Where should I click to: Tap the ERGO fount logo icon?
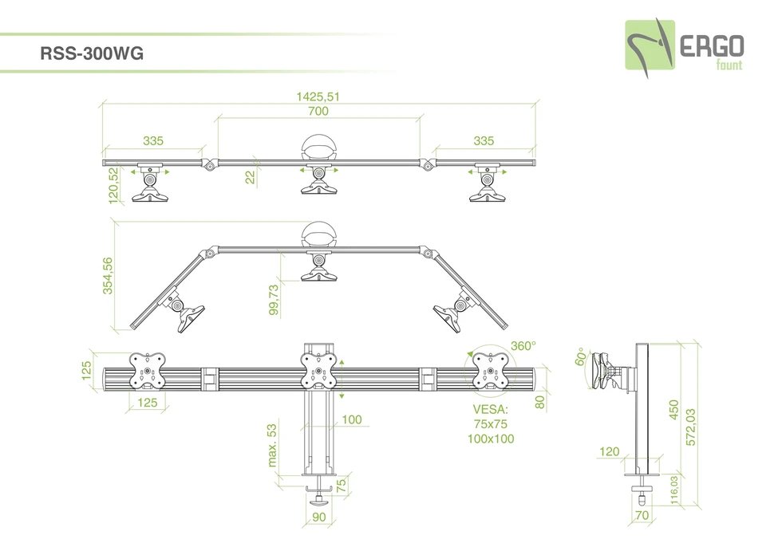(x=649, y=47)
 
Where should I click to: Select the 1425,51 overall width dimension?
(x=318, y=96)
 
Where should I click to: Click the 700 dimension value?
(x=318, y=112)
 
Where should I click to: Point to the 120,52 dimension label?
(x=113, y=184)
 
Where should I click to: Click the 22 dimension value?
(x=249, y=178)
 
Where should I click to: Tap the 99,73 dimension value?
(x=274, y=301)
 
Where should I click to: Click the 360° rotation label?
(x=523, y=346)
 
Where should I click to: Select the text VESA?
(x=490, y=409)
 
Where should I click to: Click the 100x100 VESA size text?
(x=491, y=439)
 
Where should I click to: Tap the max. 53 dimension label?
(x=272, y=445)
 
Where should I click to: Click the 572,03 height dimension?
(x=691, y=427)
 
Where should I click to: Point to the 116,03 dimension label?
(x=674, y=490)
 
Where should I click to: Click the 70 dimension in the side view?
(x=642, y=516)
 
